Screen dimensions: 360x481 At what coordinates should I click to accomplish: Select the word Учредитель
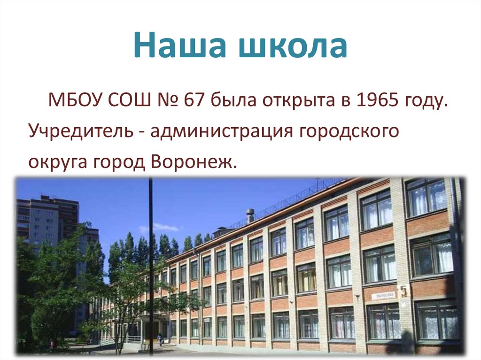(80, 132)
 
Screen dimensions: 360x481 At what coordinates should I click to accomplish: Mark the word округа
(56, 162)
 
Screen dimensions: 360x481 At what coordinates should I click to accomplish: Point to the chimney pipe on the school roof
(250, 215)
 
